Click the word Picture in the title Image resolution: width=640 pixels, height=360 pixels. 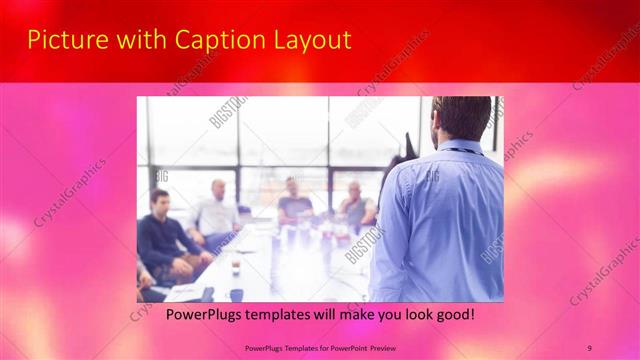pos(61,40)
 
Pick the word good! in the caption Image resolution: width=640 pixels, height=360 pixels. pos(452,315)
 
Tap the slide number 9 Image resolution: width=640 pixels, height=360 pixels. pos(589,347)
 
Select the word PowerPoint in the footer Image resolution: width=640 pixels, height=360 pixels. pos(341,347)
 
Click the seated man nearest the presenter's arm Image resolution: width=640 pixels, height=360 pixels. pos(356,205)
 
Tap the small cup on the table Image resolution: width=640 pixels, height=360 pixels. pos(236,268)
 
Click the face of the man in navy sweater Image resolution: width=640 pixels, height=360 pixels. pos(158,201)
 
